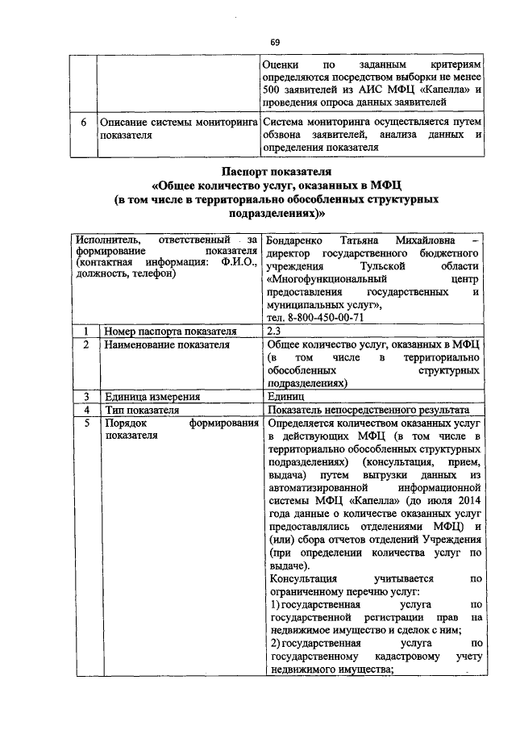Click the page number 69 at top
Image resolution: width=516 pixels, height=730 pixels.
275,42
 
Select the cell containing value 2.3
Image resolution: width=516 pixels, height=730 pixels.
273,331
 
